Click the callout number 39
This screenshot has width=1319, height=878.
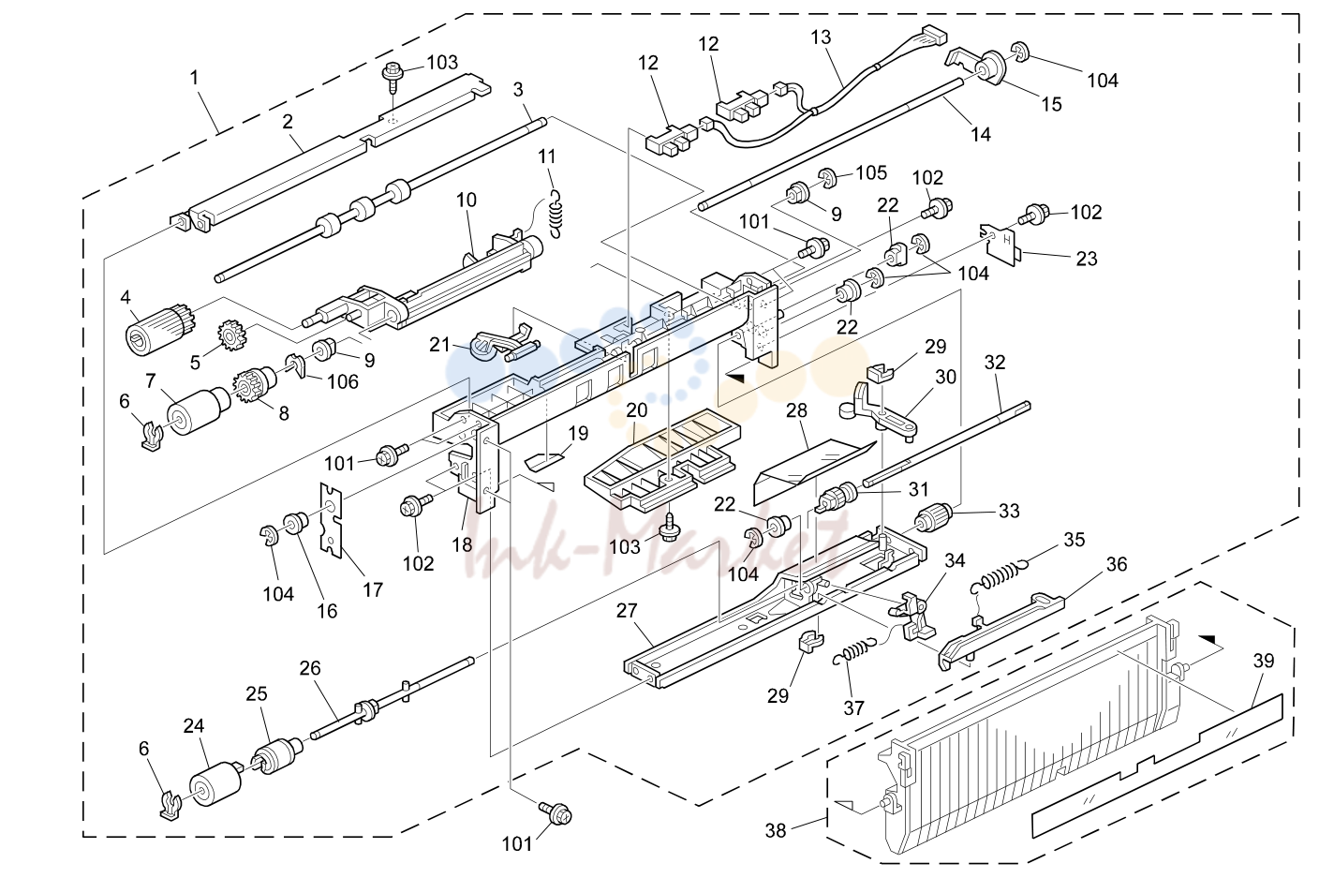pos(1263,661)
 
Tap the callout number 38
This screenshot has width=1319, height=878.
pos(776,831)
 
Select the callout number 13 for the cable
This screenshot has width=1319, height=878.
pos(821,37)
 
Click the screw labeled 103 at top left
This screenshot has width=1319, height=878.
pos(393,79)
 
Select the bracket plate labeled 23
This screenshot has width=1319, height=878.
pos(1000,245)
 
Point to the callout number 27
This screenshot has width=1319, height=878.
pos(627,611)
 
